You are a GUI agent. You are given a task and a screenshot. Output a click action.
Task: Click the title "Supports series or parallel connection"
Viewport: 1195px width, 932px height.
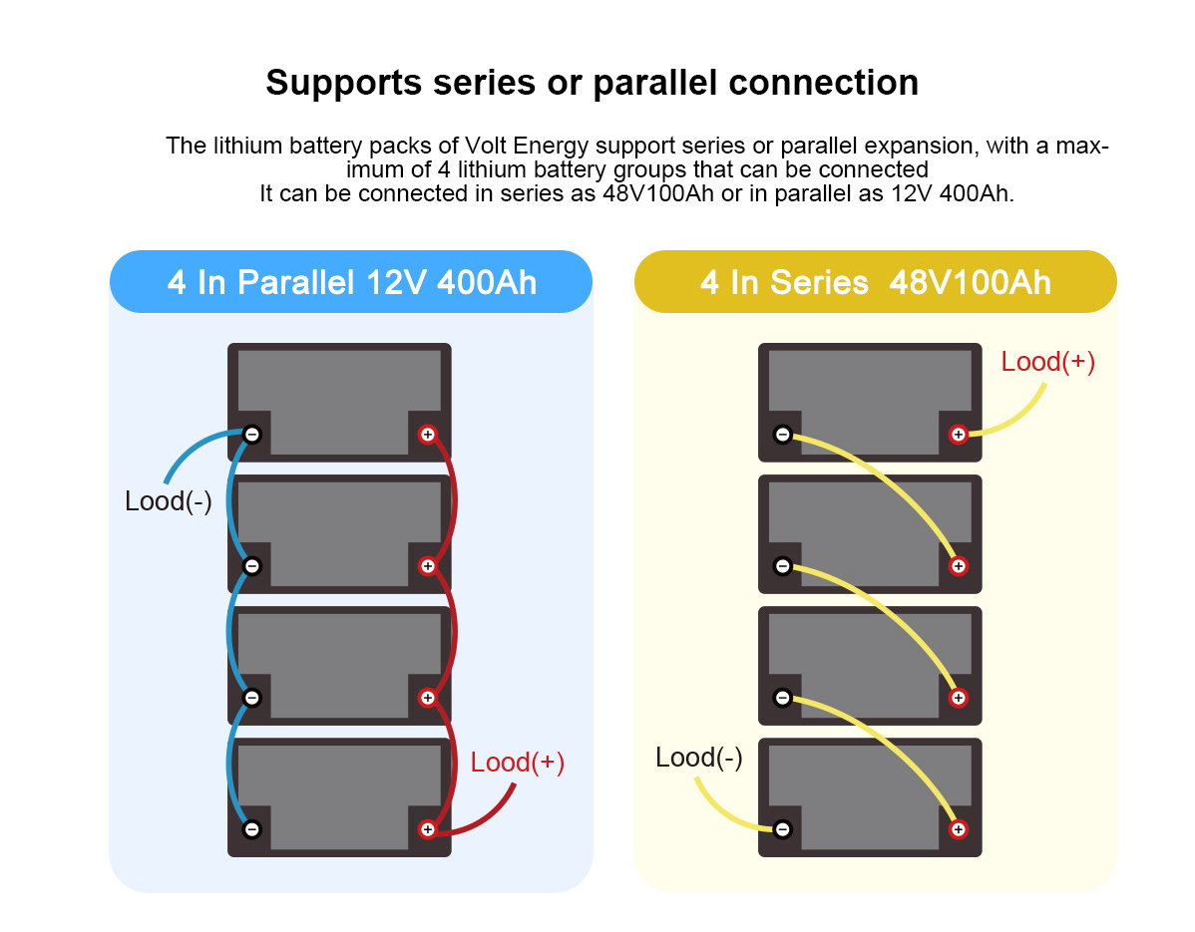click(x=592, y=82)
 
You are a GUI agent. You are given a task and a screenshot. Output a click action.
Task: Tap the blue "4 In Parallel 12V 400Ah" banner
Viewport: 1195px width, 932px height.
click(x=351, y=282)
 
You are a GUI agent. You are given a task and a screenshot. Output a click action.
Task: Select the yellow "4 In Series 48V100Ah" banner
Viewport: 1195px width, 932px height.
click(x=875, y=282)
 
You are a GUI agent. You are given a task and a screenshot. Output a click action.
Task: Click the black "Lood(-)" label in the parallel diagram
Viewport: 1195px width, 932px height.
click(x=168, y=501)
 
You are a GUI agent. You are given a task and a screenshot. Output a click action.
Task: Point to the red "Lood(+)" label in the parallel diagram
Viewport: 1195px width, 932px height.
click(x=517, y=763)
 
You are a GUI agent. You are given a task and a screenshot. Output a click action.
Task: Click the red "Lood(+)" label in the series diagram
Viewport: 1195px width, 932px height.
click(x=1047, y=362)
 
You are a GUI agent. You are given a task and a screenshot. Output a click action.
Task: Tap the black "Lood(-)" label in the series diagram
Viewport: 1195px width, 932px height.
click(x=698, y=758)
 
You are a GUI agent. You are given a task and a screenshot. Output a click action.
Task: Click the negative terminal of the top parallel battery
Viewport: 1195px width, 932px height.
click(x=252, y=434)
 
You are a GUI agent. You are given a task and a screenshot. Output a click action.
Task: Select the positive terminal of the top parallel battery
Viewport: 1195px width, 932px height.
click(x=427, y=434)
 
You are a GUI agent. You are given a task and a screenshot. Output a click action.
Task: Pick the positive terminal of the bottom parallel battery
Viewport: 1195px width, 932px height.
click(x=427, y=828)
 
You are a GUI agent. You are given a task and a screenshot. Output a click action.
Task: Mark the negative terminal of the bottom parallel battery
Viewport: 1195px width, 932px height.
click(x=252, y=828)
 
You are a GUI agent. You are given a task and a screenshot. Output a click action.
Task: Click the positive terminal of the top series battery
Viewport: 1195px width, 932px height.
click(x=958, y=434)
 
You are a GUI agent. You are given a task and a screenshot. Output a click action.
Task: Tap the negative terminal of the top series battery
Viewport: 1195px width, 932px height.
click(x=783, y=434)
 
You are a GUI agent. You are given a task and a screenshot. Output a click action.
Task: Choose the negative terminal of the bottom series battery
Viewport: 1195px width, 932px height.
click(x=783, y=828)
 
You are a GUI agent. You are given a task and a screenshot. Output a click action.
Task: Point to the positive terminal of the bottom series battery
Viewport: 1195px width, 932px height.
click(x=958, y=828)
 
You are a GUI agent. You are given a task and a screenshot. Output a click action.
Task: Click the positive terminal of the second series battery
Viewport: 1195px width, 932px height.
click(x=958, y=566)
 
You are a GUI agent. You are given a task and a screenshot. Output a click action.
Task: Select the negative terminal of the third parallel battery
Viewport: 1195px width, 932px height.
click(x=252, y=698)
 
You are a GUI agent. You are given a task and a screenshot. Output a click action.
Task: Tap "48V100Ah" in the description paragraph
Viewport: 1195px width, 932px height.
click(x=658, y=193)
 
